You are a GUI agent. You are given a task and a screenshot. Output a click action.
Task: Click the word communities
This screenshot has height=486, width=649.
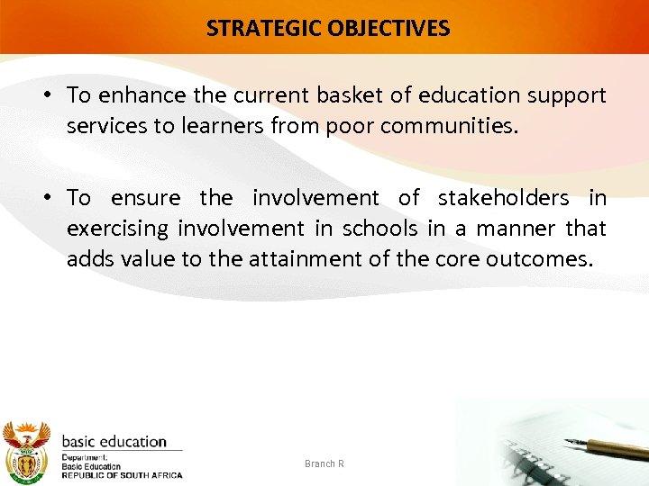pos(449,126)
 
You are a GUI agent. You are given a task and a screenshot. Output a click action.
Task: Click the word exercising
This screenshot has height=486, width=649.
pos(116,229)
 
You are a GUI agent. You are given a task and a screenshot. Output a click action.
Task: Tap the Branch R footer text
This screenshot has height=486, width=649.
pos(324,463)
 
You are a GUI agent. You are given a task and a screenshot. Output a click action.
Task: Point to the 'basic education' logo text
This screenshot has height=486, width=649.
pos(114,442)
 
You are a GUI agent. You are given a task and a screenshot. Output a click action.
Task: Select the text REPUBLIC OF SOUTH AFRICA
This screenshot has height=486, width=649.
pos(122,475)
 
